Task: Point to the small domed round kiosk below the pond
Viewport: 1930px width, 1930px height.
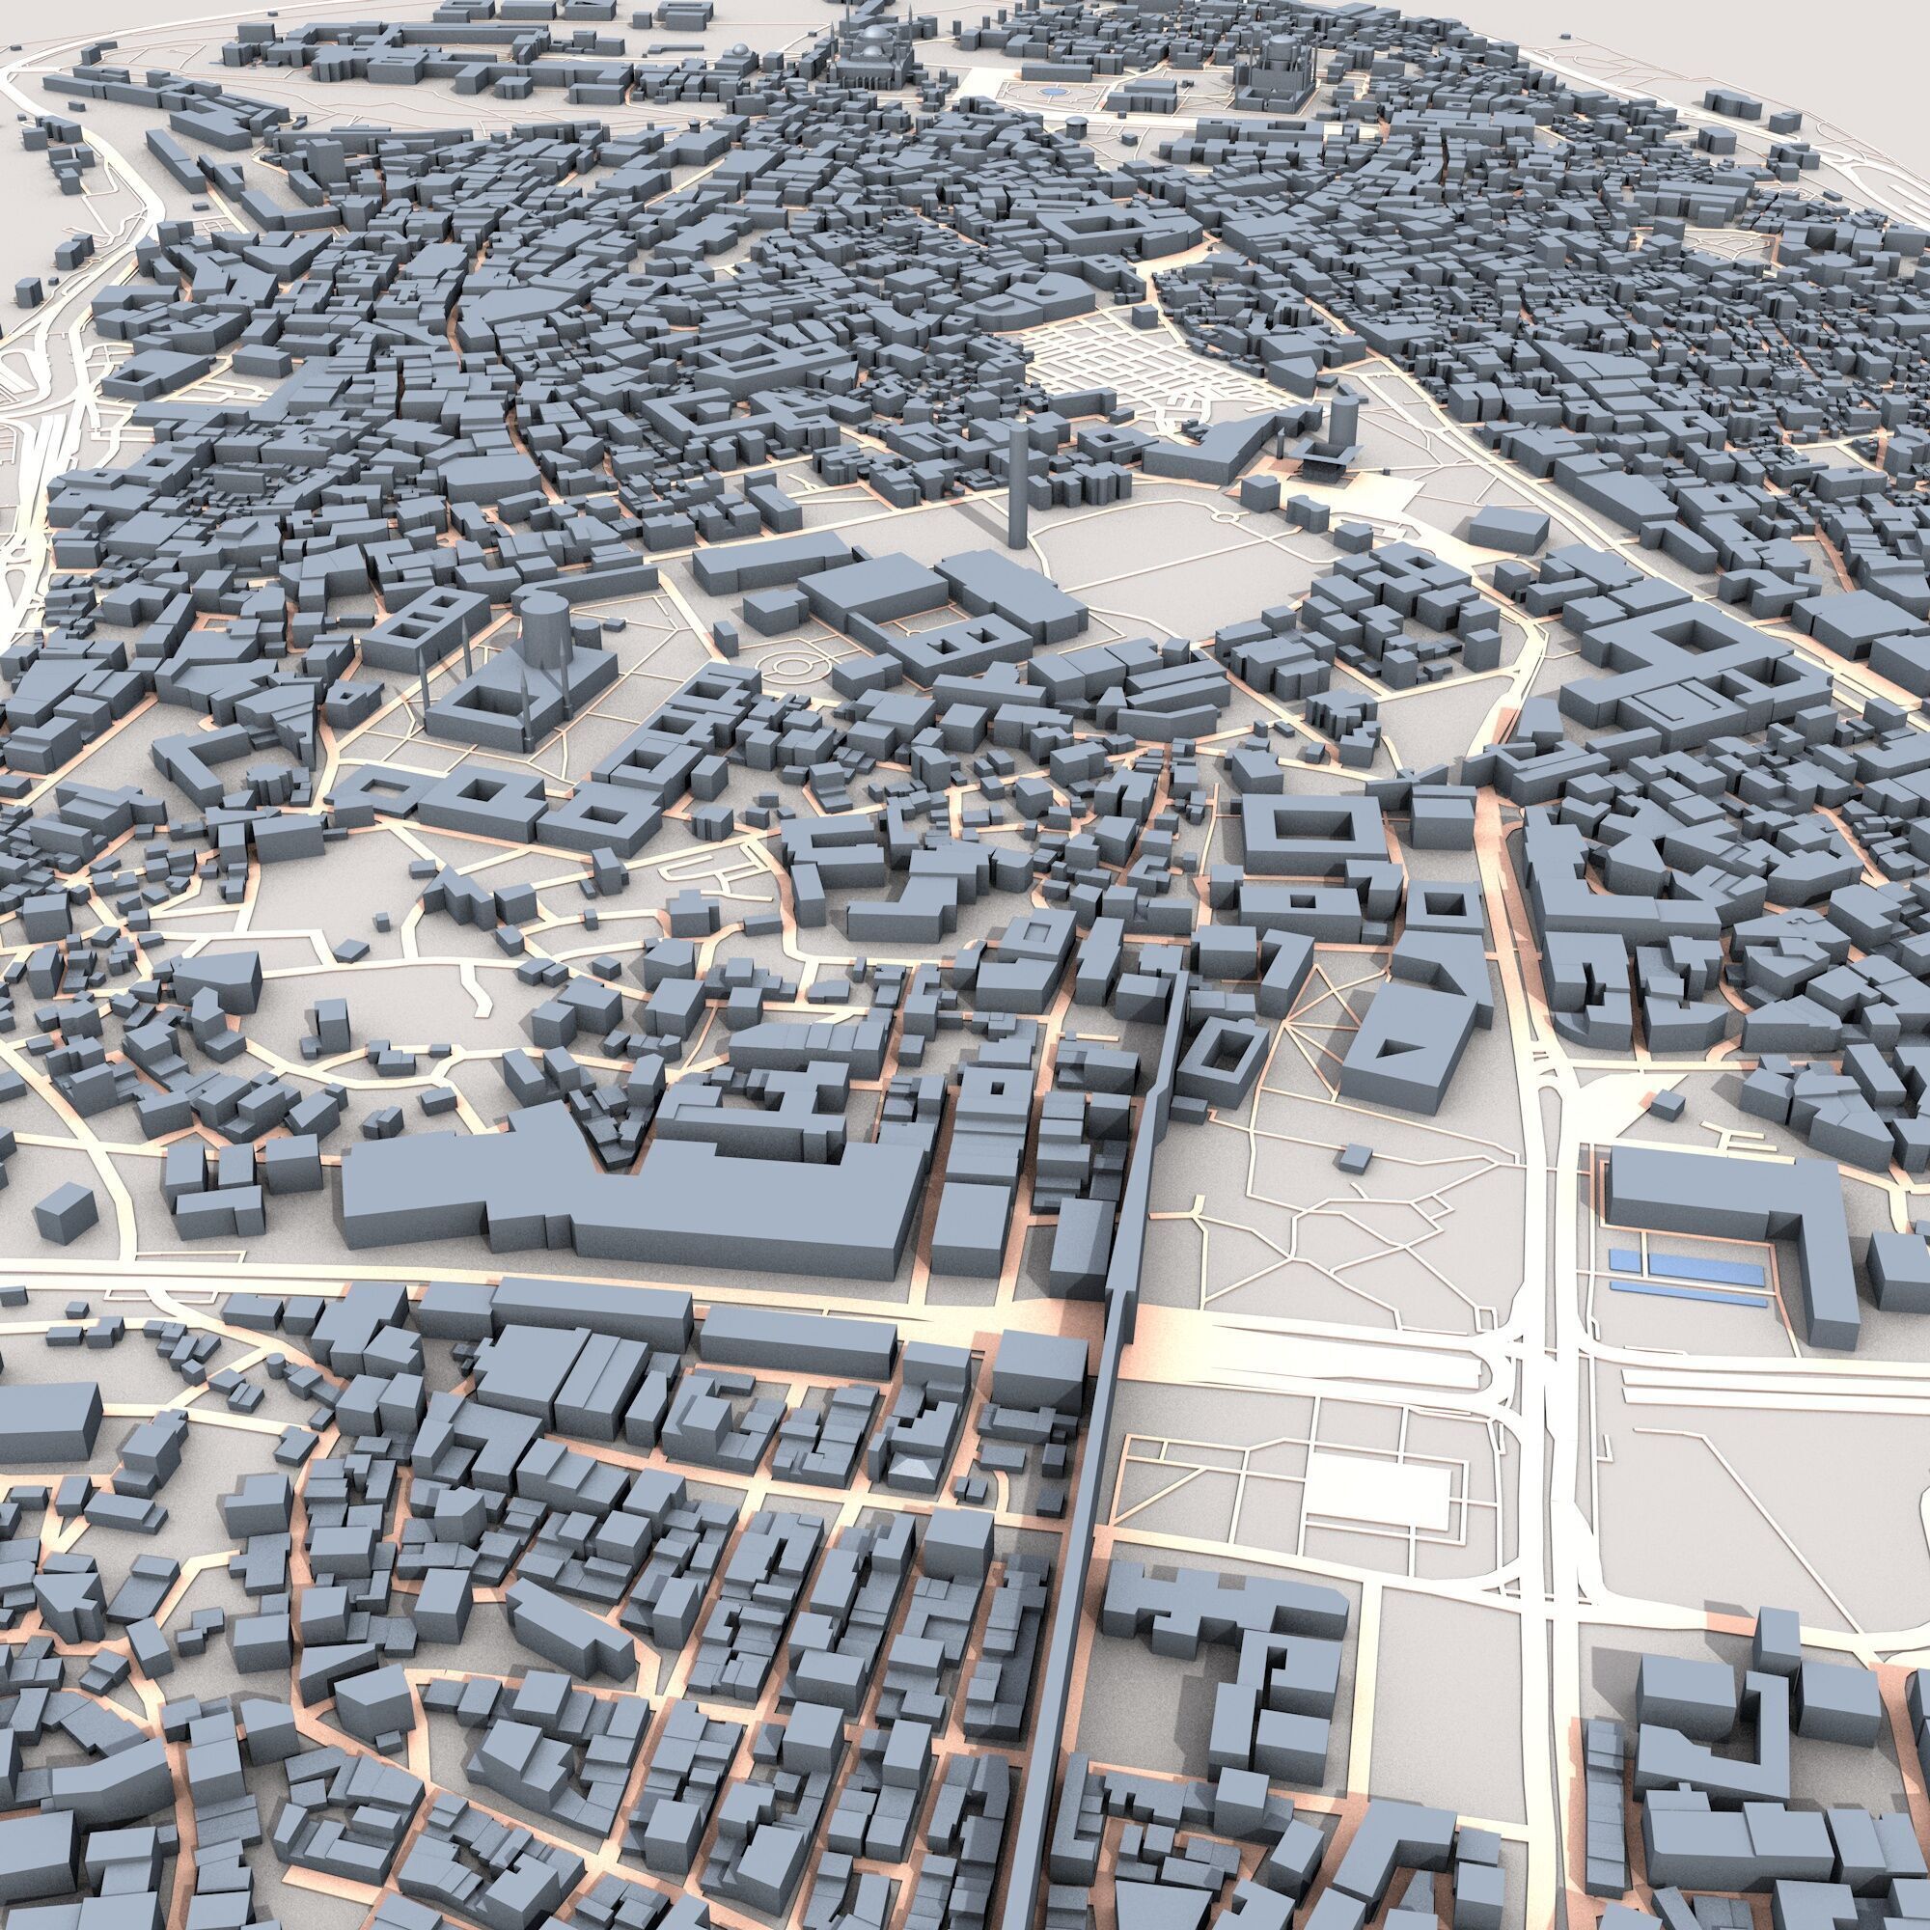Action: tap(1074, 124)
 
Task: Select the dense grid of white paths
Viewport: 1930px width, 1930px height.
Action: tap(1109, 365)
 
